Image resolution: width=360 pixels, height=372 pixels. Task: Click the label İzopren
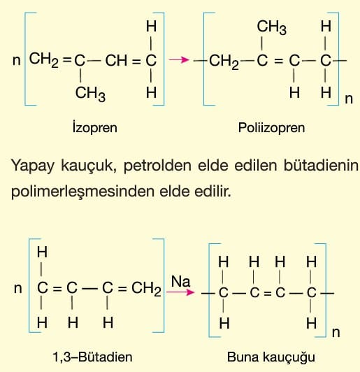click(x=95, y=128)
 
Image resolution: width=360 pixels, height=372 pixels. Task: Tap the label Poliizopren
click(x=271, y=128)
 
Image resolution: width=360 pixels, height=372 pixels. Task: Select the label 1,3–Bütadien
click(x=92, y=357)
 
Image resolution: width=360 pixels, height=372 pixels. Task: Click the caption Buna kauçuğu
click(x=271, y=357)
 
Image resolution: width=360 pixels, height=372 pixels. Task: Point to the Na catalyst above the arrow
click(x=181, y=282)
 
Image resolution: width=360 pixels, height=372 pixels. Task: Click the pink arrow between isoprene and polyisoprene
click(x=179, y=60)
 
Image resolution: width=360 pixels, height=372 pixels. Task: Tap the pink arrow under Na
click(x=180, y=292)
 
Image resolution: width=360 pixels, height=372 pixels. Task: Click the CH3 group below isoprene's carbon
click(x=90, y=93)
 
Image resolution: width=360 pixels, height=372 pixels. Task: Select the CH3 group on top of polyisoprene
click(x=272, y=27)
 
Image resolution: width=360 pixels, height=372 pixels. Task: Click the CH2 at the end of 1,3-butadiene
click(x=146, y=289)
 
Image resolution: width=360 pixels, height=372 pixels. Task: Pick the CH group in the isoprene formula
click(x=116, y=60)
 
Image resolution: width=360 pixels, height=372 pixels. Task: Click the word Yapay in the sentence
click(x=33, y=166)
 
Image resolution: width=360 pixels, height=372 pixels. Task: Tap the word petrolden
click(x=157, y=166)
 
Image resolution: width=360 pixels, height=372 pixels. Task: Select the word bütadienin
click(x=321, y=165)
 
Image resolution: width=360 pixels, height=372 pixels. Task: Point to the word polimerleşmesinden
click(x=82, y=192)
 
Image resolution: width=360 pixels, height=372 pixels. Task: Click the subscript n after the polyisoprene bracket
click(x=349, y=99)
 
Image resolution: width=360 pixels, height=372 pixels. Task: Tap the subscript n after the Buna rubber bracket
click(x=336, y=333)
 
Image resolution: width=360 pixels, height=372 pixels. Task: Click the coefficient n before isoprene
click(x=17, y=61)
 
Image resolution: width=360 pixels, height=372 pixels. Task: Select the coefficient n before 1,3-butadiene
click(x=18, y=289)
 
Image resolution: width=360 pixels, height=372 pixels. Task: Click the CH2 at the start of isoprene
click(x=43, y=60)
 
